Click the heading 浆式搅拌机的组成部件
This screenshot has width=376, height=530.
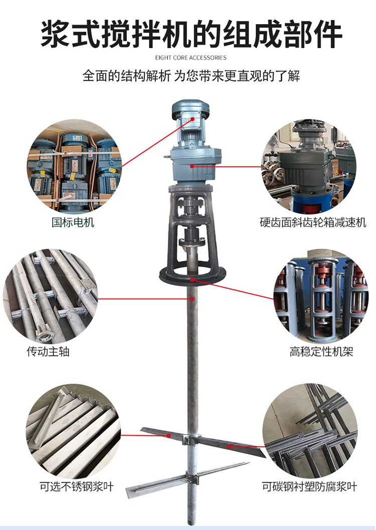[x=192, y=34]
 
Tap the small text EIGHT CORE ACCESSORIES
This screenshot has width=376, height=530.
[x=191, y=58]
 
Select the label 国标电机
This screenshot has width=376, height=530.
[x=73, y=222]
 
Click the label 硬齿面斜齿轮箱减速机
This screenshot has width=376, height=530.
[x=313, y=222]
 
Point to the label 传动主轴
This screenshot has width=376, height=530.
[x=48, y=351]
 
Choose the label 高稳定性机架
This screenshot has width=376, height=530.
[x=321, y=351]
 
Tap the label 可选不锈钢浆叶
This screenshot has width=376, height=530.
[x=77, y=487]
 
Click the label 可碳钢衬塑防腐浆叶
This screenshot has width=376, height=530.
[x=309, y=487]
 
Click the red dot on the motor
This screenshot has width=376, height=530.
[x=193, y=118]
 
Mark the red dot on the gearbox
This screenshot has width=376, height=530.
[x=192, y=166]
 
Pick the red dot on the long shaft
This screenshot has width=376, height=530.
[x=192, y=299]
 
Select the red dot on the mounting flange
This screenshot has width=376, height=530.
[x=192, y=280]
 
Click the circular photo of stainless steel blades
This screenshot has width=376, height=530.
[x=73, y=431]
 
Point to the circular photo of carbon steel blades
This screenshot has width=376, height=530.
[x=310, y=431]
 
